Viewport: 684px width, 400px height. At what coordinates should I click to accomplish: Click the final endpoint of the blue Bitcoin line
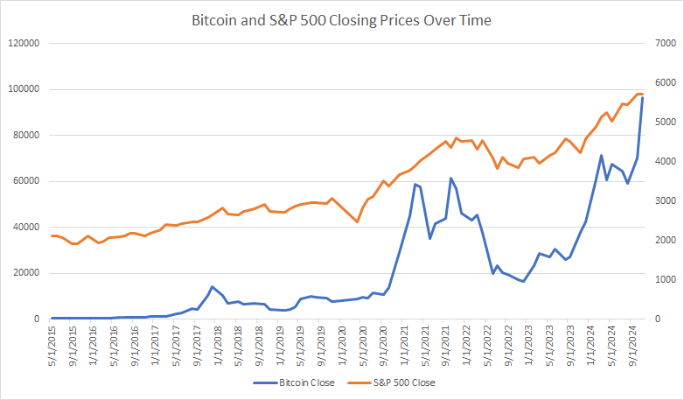[x=643, y=96]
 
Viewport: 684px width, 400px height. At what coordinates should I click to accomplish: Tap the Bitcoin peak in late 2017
[x=212, y=286]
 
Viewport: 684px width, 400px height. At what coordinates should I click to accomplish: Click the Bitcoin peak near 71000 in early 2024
[x=601, y=156]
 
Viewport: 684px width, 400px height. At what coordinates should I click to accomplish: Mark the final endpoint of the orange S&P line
[x=643, y=94]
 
